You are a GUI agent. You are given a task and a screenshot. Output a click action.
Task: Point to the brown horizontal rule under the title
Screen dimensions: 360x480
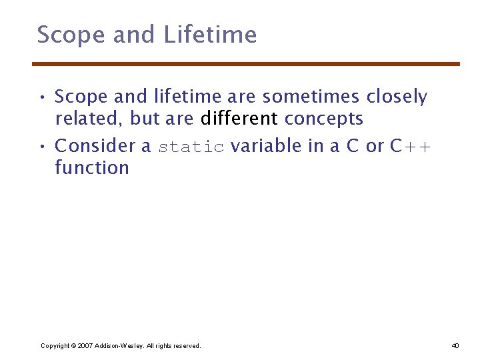click(x=246, y=64)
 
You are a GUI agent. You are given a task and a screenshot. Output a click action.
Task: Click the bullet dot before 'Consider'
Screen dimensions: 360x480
click(x=41, y=147)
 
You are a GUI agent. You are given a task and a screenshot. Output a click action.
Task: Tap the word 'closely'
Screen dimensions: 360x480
click(x=397, y=97)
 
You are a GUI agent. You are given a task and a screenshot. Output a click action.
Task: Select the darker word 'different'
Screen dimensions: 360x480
click(x=239, y=119)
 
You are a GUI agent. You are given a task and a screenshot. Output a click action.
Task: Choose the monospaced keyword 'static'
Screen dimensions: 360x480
click(x=191, y=147)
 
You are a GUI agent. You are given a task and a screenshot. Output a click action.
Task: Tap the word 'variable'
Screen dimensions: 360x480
click(x=266, y=145)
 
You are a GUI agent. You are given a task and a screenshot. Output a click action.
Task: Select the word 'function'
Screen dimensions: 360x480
click(x=92, y=167)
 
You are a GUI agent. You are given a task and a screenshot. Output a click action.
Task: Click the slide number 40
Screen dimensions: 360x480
click(x=455, y=345)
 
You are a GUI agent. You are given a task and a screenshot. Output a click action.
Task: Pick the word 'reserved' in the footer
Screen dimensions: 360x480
click(x=185, y=345)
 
